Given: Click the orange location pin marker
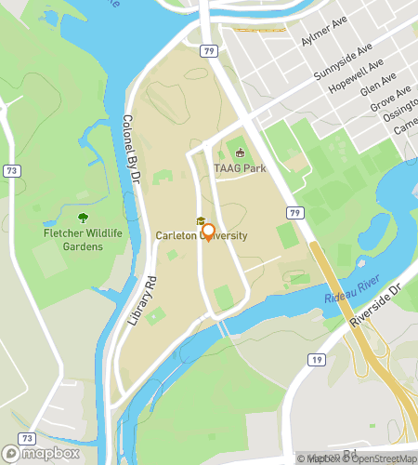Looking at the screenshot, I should click(208, 232).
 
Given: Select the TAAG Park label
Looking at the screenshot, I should click(240, 168).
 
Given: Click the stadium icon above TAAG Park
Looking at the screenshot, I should click(240, 153).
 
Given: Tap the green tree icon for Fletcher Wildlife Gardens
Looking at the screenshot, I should click(83, 217).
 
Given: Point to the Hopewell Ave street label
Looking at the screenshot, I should click(357, 79).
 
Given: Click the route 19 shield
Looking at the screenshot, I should click(317, 358).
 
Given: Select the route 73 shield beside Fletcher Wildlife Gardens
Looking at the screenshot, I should click(10, 171).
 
